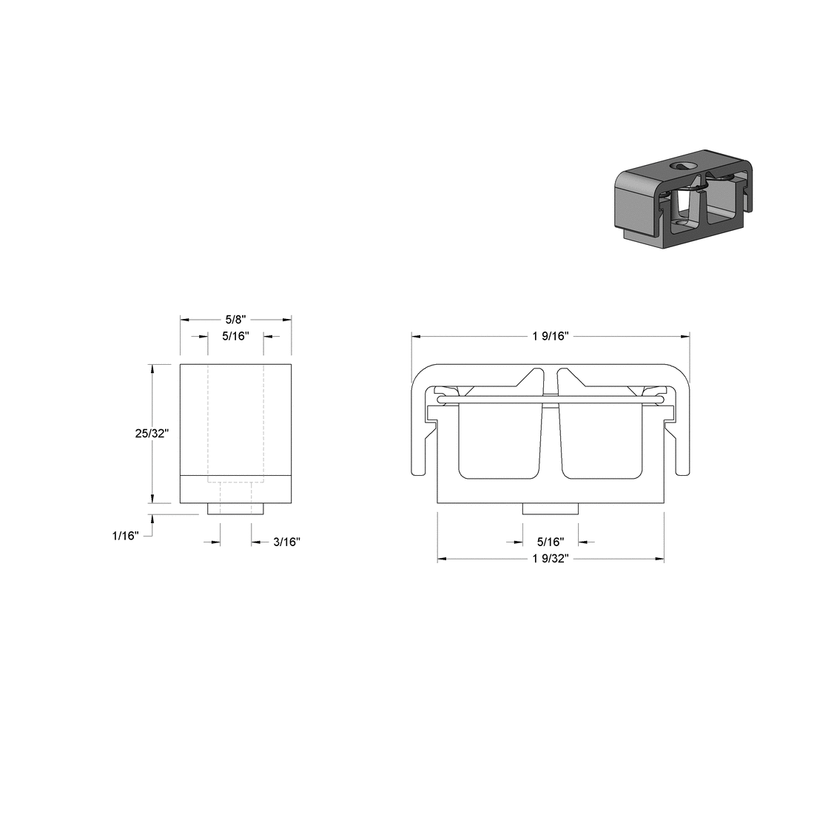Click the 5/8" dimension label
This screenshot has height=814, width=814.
[x=235, y=320]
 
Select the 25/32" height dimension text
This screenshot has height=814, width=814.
[x=152, y=434]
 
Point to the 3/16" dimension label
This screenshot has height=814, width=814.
[x=286, y=542]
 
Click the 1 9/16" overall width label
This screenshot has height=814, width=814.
[x=550, y=336]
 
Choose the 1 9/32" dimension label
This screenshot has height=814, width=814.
[x=549, y=559]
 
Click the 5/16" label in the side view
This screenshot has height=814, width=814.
[x=236, y=336]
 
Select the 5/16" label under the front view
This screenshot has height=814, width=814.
[x=550, y=542]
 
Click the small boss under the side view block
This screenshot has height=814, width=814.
[x=236, y=509]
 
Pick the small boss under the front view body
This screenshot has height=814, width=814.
[x=550, y=509]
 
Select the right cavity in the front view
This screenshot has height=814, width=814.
[x=601, y=440]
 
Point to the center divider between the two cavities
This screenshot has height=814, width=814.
[x=550, y=437]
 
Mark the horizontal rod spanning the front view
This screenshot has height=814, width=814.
[x=550, y=400]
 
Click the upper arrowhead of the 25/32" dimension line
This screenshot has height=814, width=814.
[x=152, y=369]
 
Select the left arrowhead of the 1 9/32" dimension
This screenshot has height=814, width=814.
[x=443, y=559]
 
